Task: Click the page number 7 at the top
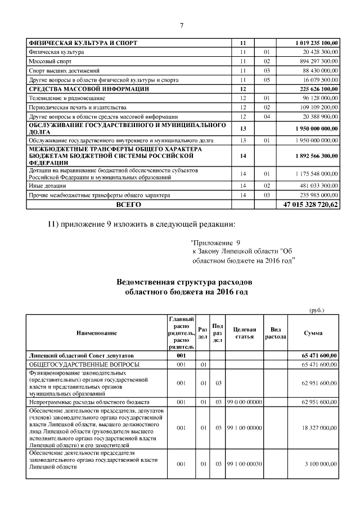(x=181, y=25)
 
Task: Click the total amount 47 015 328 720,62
(x=310, y=205)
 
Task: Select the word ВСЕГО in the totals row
(x=128, y=205)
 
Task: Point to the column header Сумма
(x=313, y=333)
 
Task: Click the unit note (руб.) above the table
(x=317, y=310)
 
